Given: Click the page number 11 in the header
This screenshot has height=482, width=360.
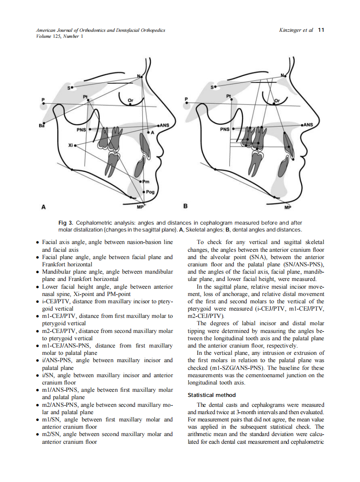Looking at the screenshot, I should (x=321, y=30).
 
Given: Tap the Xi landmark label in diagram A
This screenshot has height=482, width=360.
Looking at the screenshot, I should (x=70, y=145).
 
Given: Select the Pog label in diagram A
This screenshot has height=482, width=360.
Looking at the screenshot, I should (x=150, y=192).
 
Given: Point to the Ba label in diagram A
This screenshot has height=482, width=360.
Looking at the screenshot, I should (x=41, y=126).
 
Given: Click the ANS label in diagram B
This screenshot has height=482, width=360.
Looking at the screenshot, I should (x=308, y=125).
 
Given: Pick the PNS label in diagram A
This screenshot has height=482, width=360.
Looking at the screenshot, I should (x=81, y=129).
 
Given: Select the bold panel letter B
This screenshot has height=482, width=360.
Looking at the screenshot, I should (x=186, y=207).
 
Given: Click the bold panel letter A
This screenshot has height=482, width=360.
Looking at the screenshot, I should (x=43, y=207).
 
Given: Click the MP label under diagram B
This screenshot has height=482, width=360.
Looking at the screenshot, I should (x=287, y=207).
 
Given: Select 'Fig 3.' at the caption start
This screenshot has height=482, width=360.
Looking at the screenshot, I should (x=66, y=223).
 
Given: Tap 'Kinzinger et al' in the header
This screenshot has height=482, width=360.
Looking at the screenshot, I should (x=296, y=30).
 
